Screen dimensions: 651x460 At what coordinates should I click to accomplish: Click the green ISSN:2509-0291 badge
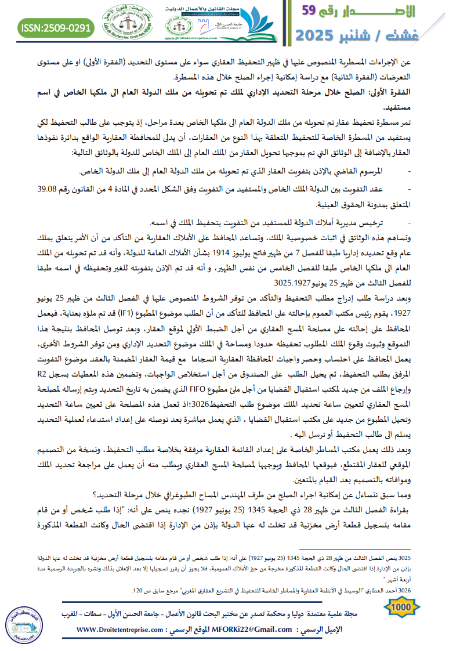[x=56, y=27]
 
